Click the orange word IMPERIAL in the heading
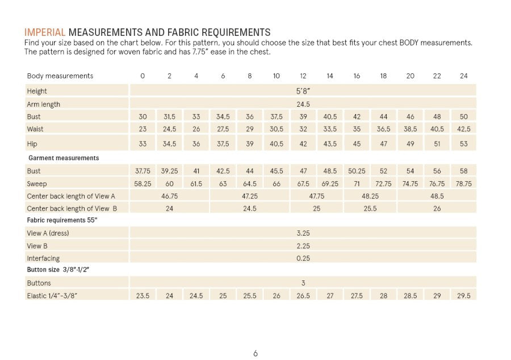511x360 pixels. tap(45, 32)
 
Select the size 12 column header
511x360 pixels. tap(303, 76)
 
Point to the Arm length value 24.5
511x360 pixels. tap(303, 104)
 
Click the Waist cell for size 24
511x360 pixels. tap(464, 129)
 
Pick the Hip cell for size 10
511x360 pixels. tap(277, 144)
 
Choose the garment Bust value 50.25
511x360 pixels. tap(357, 171)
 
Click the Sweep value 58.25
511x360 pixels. tap(143, 184)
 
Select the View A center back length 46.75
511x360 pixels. tap(170, 196)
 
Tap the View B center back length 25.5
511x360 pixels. tap(370, 208)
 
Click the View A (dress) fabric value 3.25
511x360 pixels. tap(303, 233)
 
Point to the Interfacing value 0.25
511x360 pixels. tap(303, 258)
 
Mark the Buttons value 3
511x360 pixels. tap(303, 283)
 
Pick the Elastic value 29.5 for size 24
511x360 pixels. tap(464, 296)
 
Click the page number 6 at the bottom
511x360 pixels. tap(256, 353)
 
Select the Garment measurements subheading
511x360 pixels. tap(63, 158)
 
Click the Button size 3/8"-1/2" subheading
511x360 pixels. tap(58, 270)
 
